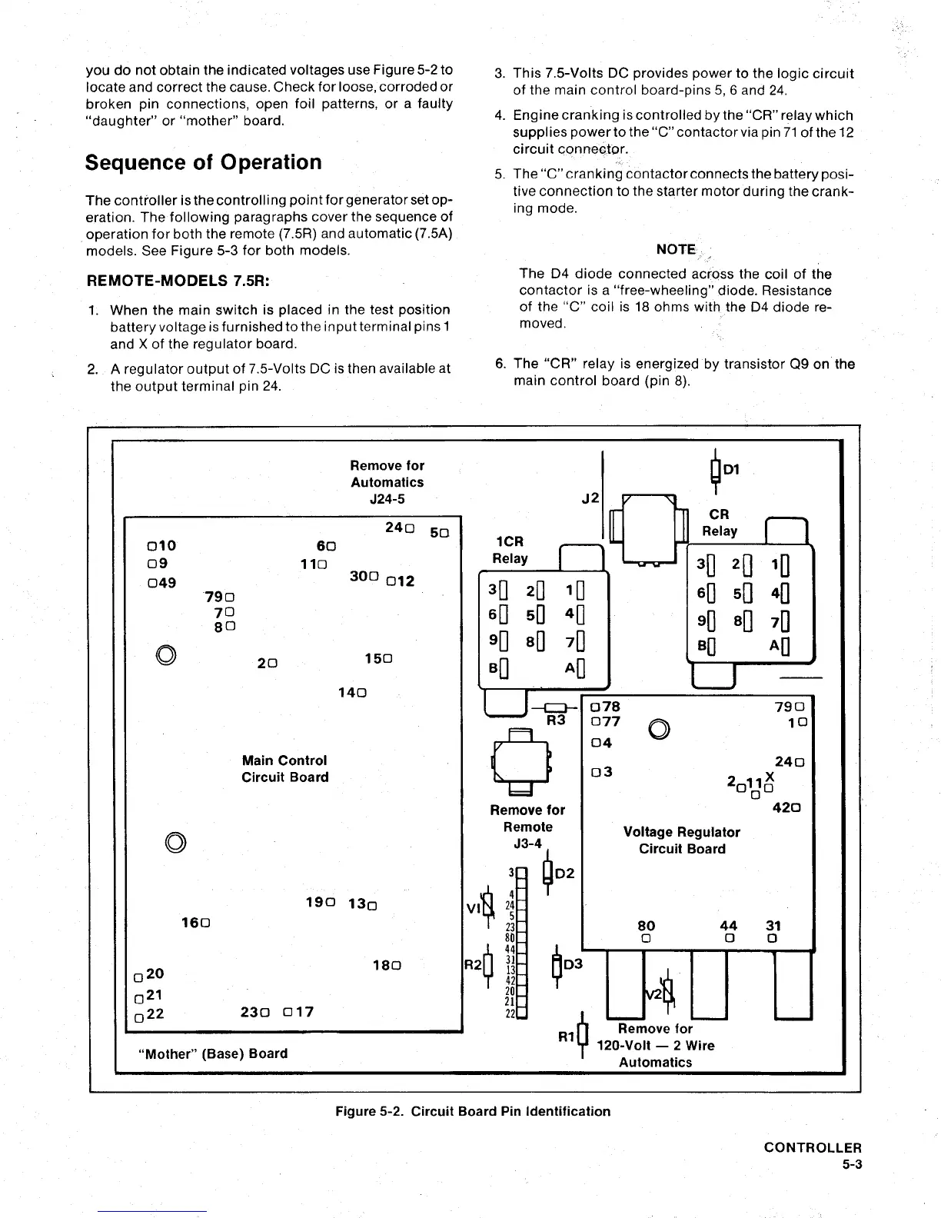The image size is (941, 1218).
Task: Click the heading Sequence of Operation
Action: [x=203, y=163]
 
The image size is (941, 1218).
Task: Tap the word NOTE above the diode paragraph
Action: [x=676, y=249]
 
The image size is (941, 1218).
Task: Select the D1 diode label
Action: [x=731, y=469]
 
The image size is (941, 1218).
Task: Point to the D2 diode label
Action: [x=565, y=874]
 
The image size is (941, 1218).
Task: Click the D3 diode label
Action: [x=574, y=964]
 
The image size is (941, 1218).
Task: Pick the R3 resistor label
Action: [x=556, y=720]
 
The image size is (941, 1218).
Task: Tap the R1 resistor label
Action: [x=567, y=1037]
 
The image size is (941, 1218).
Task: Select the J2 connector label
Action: [x=590, y=498]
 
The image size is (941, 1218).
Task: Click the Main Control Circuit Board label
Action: [x=284, y=769]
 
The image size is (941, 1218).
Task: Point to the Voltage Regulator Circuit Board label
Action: [x=681, y=840]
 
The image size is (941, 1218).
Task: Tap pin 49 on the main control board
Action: [x=162, y=583]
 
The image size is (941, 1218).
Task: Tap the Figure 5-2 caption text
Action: [x=473, y=1111]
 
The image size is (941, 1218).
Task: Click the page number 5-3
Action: [x=852, y=1164]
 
